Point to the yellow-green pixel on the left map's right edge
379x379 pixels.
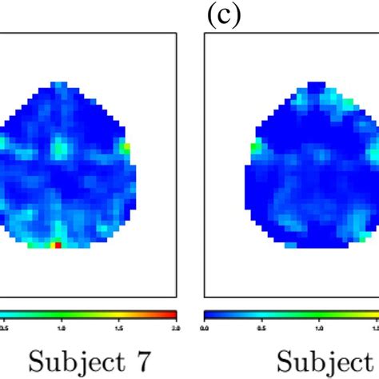tap(125, 147)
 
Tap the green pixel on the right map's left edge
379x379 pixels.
tap(256, 147)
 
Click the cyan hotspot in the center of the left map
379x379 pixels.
tap(60, 147)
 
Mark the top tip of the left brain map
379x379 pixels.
tap(58, 83)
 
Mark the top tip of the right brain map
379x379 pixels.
tap(317, 83)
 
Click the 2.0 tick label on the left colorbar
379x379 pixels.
tap(175, 327)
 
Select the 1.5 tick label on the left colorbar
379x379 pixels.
tap(118, 327)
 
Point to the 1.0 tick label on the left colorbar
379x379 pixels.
tap(62, 327)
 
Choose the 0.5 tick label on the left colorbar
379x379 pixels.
tap(5, 327)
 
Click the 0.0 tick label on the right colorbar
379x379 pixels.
tap(205, 327)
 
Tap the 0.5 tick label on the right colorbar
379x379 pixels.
tap(262, 327)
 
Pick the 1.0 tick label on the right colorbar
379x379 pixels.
tap(319, 327)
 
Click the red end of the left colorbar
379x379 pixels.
tap(171, 315)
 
